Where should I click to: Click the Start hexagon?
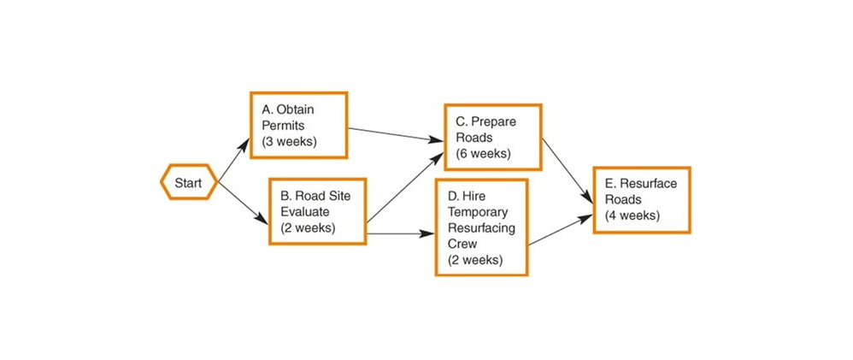pos(189,182)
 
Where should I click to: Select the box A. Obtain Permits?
pos(298,125)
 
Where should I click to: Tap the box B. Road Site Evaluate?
pos(318,210)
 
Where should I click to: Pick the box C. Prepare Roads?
pos(493,138)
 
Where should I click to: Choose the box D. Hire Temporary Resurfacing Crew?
pos(482,227)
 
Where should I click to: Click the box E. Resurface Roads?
pos(642,200)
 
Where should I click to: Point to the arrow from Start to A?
pos(234,160)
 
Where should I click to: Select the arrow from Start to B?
pos(244,204)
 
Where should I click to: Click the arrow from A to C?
pos(396,134)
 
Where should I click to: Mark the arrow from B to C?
pos(405,188)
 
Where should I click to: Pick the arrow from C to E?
pos(568,170)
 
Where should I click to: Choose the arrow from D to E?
pos(561,230)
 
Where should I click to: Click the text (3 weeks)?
pos(289,141)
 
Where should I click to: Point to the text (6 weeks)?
pos(484,153)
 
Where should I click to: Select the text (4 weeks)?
pos(632,215)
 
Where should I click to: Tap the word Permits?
pos(280,125)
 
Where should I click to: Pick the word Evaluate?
pos(305,211)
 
